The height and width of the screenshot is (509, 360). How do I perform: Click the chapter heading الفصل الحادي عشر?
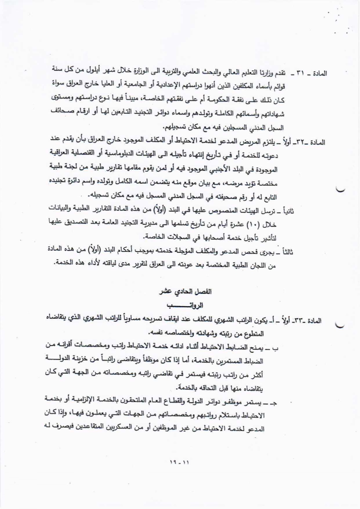point(186,292)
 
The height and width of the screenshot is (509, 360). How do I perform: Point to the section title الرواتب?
point(185,306)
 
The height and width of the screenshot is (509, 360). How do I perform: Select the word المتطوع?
point(255,334)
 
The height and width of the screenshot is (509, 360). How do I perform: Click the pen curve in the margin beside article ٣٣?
point(340,325)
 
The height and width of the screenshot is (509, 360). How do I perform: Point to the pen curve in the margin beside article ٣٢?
point(340,190)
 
